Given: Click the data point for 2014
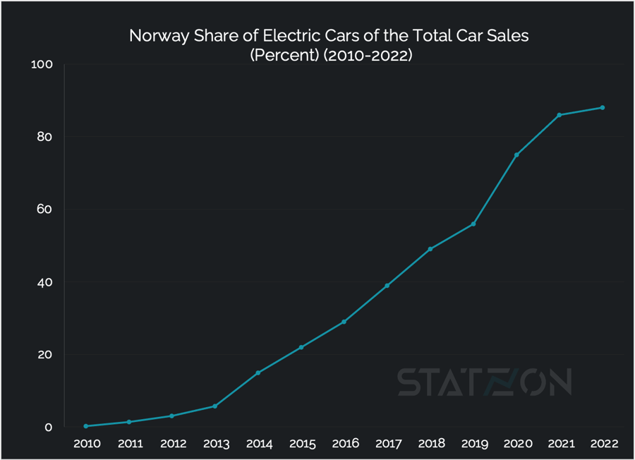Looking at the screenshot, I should [258, 373].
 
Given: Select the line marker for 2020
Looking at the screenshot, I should [516, 155].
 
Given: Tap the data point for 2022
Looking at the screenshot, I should [603, 107].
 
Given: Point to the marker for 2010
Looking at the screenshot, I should [86, 426].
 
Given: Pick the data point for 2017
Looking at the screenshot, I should [387, 285].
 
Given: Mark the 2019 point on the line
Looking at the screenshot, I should [473, 224].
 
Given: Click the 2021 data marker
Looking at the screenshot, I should [560, 115].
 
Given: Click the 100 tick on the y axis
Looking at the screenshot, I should [43, 65].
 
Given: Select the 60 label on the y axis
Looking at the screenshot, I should [44, 210].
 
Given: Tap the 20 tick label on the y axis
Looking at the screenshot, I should [44, 355].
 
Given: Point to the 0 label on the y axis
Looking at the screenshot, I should [49, 428].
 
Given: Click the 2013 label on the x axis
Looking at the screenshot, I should [215, 444].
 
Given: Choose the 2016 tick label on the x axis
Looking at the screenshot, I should [344, 444].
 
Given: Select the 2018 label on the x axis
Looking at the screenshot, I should [430, 444].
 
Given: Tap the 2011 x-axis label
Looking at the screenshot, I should [129, 444].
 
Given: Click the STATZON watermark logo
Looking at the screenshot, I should [484, 382].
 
